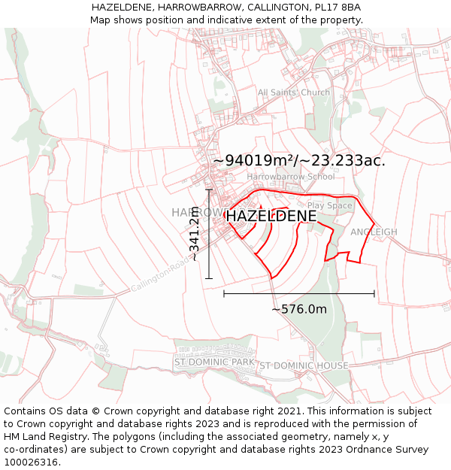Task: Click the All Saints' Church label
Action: [x=294, y=92]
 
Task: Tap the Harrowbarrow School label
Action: [x=291, y=177]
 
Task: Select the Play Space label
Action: [x=329, y=205]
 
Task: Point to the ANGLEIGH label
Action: [x=374, y=232]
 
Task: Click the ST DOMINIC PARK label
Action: [x=214, y=362]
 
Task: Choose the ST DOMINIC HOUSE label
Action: [x=304, y=365]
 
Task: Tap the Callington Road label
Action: [x=161, y=275]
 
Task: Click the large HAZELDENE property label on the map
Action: [x=271, y=216]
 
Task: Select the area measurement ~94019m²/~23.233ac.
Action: [x=299, y=160]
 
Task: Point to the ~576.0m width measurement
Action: [x=299, y=309]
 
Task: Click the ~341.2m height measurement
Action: [x=194, y=234]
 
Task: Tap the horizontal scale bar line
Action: [x=299, y=293]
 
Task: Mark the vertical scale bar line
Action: [x=209, y=234]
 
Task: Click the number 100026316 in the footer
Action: [x=31, y=462]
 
